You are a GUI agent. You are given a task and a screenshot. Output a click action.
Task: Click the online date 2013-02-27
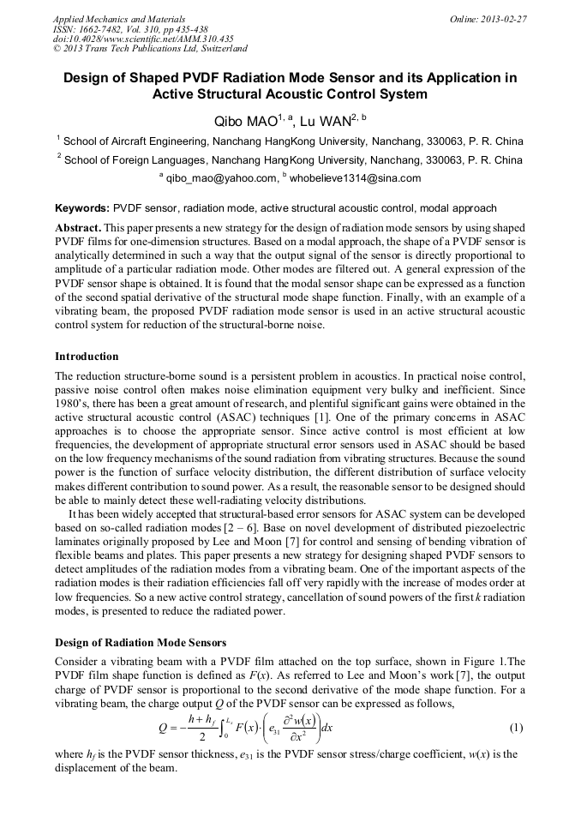pos(503,19)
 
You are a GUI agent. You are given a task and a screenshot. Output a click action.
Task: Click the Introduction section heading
pos(87,356)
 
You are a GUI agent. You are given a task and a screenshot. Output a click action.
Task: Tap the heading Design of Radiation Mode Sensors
pos(141,643)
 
